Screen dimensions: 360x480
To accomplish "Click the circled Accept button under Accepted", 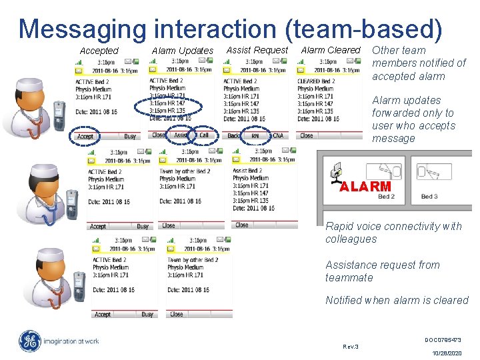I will [x=85, y=137].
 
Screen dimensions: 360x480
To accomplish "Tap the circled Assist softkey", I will [x=181, y=135].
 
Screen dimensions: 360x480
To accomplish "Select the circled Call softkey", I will [x=203, y=135].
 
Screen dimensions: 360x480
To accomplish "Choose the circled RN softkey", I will [x=255, y=136].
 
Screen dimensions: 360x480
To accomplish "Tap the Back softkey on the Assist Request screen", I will [x=233, y=136].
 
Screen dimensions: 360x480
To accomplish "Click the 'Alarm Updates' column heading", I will [x=182, y=51].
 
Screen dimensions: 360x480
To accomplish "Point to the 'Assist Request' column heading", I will [x=257, y=50].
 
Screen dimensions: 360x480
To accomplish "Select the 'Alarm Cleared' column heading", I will [x=330, y=50].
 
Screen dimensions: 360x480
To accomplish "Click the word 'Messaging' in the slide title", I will [x=82, y=29].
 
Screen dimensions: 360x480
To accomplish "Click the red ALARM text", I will [x=365, y=187].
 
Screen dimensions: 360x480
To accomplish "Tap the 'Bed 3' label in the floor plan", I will [x=429, y=197].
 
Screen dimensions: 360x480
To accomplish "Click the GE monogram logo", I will [x=30, y=341].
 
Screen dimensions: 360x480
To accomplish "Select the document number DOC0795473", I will [x=443, y=340].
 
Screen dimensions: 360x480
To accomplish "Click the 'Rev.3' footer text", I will [x=350, y=347].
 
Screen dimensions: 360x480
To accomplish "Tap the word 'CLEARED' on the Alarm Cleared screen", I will [x=309, y=81].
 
